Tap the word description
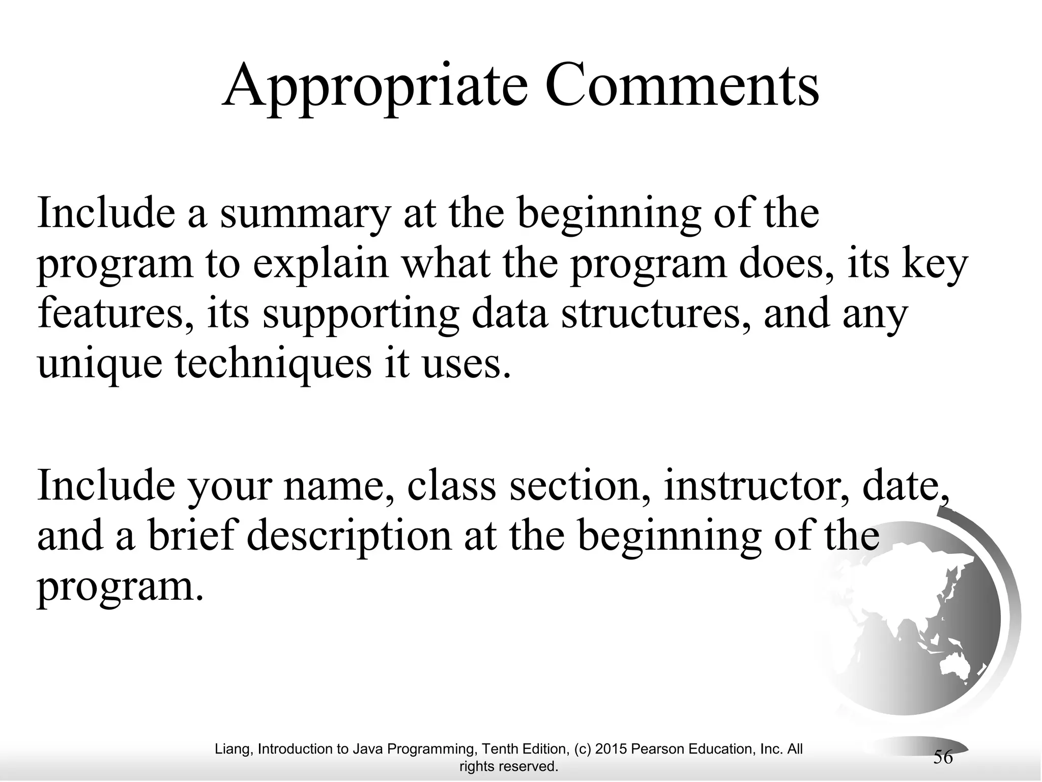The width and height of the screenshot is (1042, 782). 349,538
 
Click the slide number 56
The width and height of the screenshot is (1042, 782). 942,757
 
